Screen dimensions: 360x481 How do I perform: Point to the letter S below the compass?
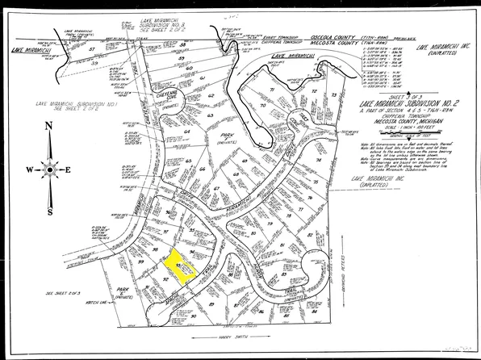coord(49,212)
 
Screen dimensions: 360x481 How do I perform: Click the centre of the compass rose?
coord(49,170)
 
